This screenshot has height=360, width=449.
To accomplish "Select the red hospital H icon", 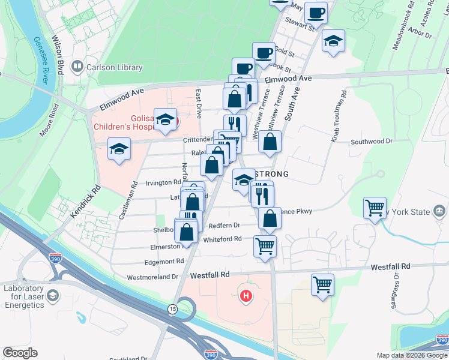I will click(245, 296).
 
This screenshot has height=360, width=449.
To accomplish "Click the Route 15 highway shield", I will click(172, 308).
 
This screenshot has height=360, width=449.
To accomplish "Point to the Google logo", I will click(20, 353).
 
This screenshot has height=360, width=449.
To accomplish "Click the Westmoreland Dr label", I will click(153, 277).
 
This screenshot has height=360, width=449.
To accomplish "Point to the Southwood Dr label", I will click(371, 142).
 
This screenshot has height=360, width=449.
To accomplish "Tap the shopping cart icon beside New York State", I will click(375, 208).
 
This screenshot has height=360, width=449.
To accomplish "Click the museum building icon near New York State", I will click(439, 212).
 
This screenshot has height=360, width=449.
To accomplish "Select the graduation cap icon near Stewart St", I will click(334, 41).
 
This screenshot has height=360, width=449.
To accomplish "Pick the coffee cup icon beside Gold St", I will click(263, 53).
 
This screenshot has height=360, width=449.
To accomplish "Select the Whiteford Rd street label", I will click(222, 239).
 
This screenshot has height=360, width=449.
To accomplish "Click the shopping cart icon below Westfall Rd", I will click(322, 284).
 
